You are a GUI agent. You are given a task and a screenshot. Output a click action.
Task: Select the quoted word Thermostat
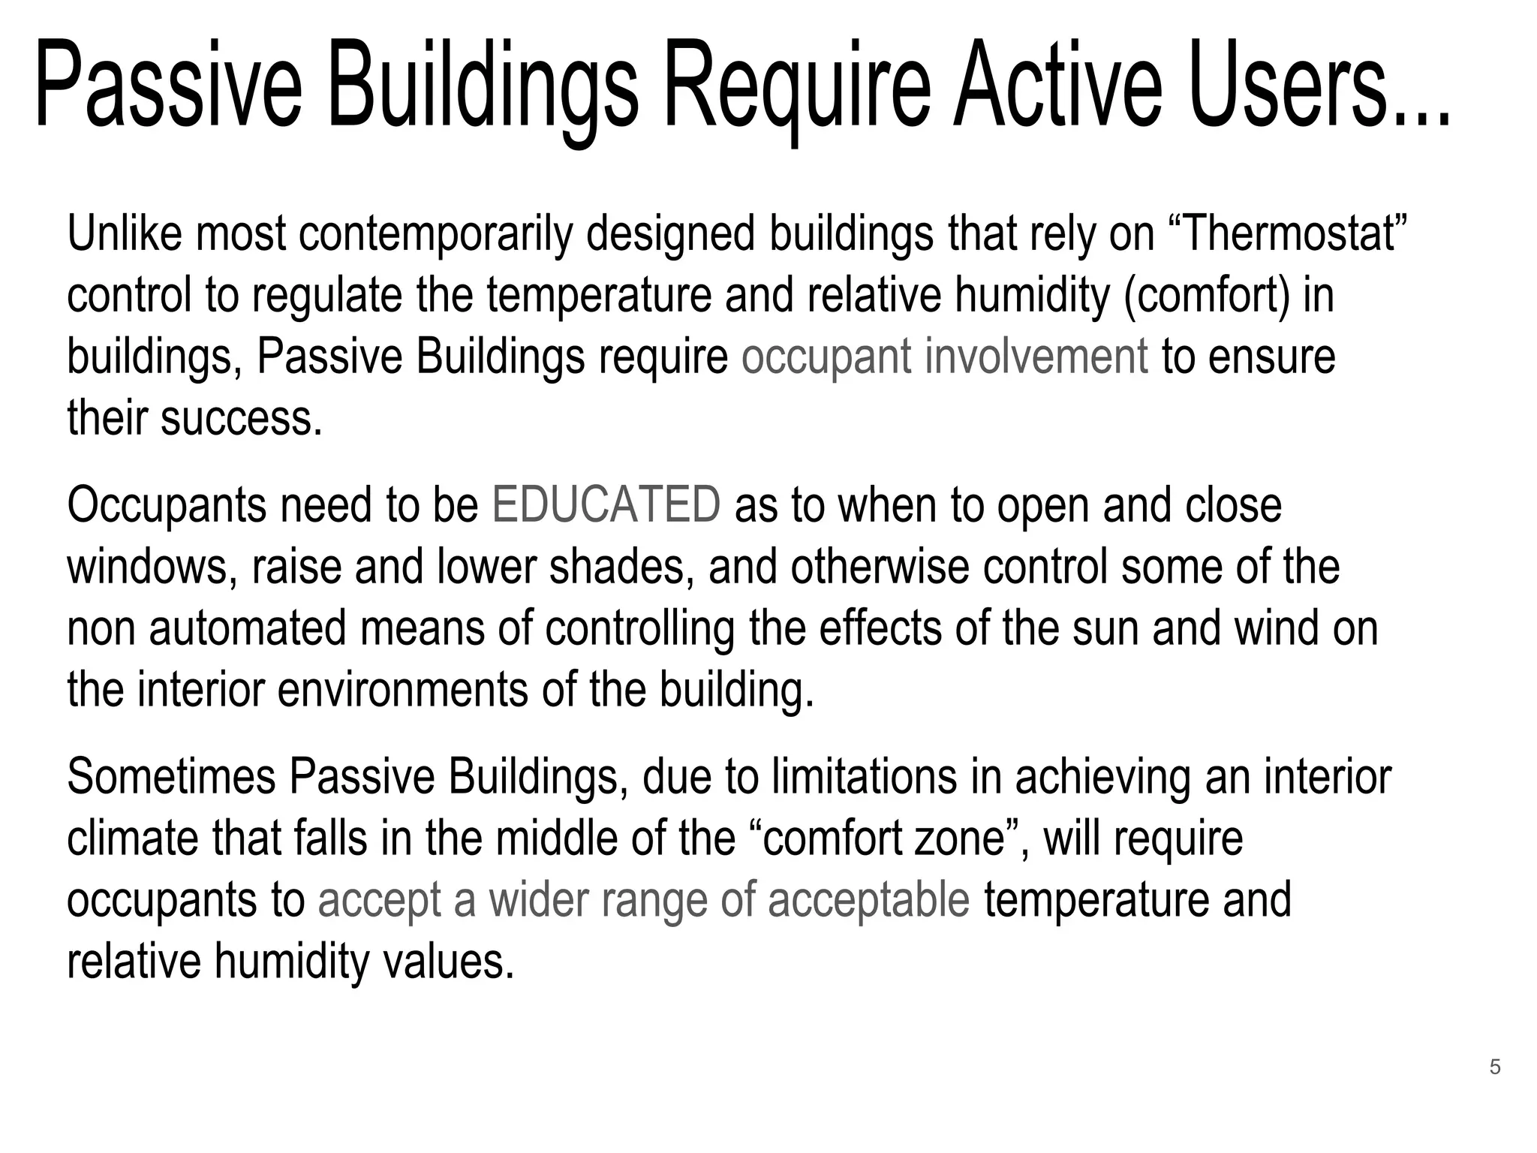coord(1288,233)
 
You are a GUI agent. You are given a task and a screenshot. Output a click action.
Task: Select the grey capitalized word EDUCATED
coord(606,505)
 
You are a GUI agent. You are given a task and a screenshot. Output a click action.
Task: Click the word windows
coord(147,567)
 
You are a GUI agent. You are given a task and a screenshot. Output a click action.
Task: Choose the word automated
coord(248,628)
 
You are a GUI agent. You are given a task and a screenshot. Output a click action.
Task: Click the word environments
coord(403,690)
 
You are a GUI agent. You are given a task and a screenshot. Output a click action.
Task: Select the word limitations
coord(864,777)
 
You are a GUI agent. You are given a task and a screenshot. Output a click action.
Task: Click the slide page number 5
coord(1495,1067)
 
